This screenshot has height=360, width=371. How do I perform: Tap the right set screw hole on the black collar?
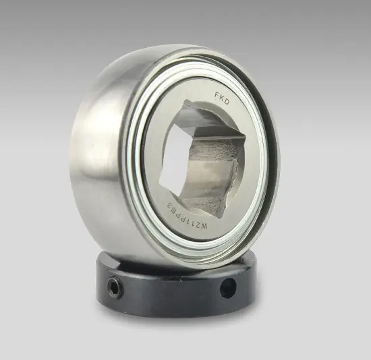tap(229, 288)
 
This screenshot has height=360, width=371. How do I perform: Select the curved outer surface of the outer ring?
tap(101, 148)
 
